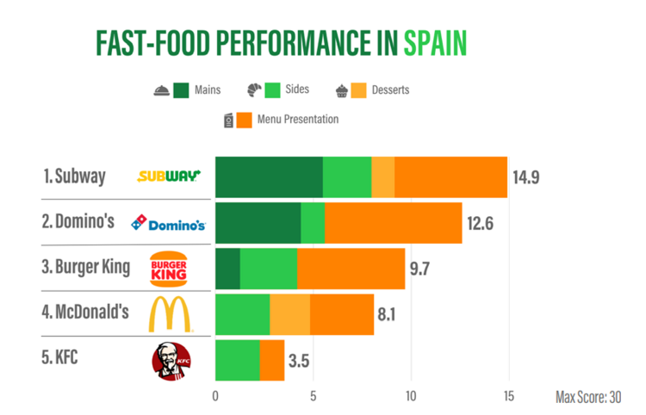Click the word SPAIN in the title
coord(435,42)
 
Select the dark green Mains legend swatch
coord(182,90)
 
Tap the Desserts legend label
coord(390,90)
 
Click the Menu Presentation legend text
coord(298,120)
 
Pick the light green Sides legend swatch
coord(274,90)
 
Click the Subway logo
coord(169,177)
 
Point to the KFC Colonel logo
coord(170,359)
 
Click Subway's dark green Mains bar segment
coord(268,177)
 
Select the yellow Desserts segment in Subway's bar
coord(382,177)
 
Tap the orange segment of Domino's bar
coord(393,223)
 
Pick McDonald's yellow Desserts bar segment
coord(289,314)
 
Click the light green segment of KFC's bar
coord(237,360)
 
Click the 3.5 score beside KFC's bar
coord(299,360)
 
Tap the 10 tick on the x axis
coord(410,397)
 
